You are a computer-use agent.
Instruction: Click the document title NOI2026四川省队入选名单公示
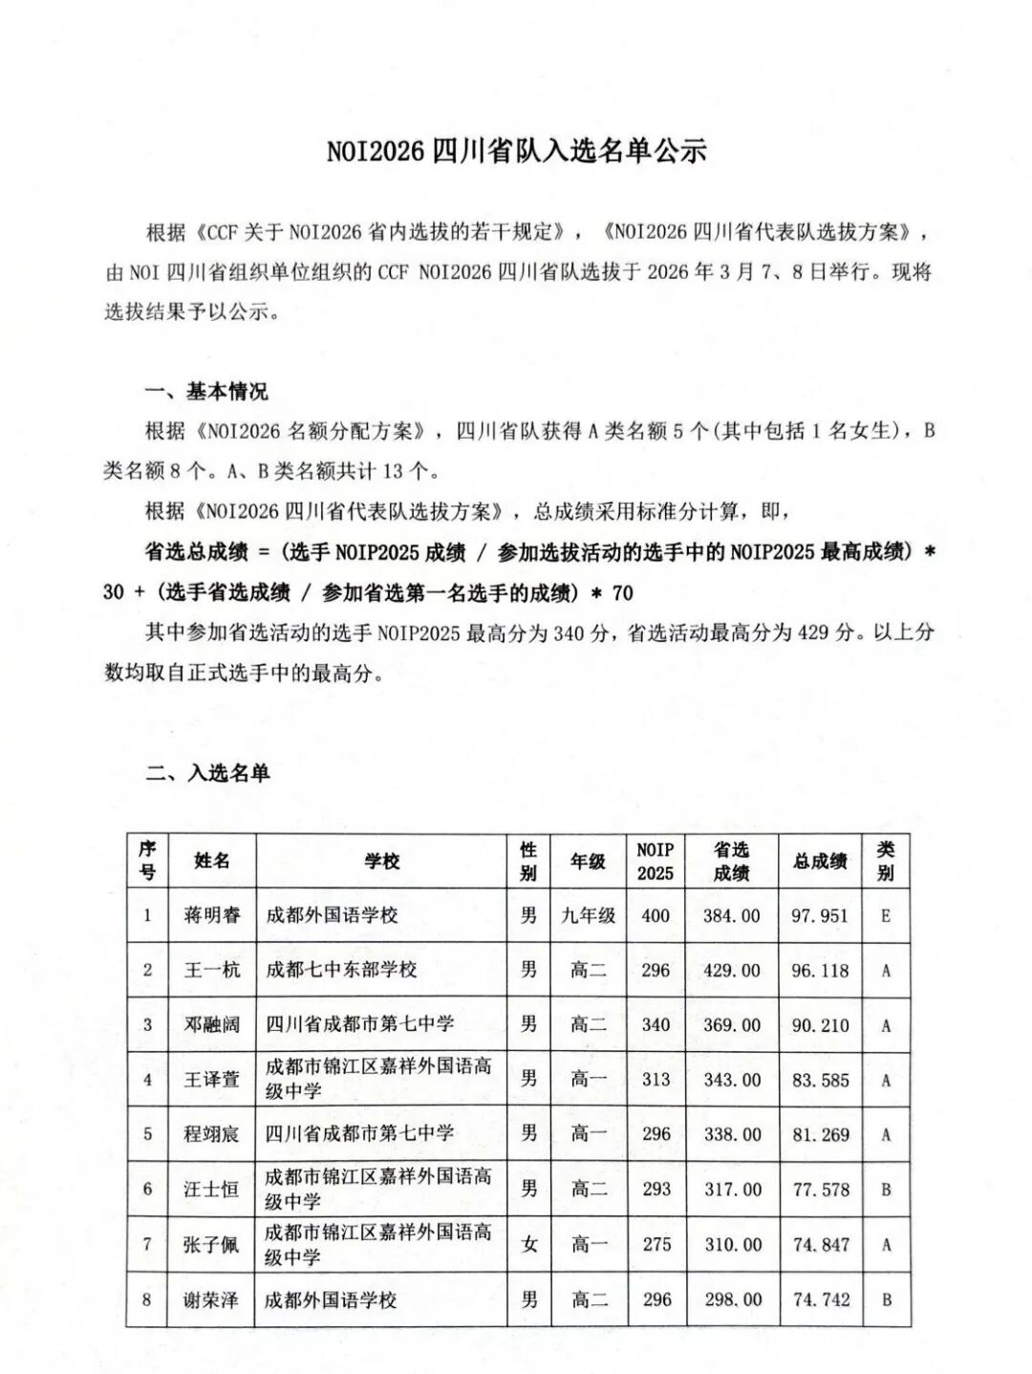coord(516,151)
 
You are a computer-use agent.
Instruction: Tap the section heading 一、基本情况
coord(206,392)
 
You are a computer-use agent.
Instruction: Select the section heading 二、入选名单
coord(207,772)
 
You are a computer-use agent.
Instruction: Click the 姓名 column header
coord(212,861)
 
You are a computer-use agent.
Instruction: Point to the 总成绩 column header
coord(820,861)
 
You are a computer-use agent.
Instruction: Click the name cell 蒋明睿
coord(212,915)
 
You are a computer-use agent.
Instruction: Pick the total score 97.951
coord(820,915)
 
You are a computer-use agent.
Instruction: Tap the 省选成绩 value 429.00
coord(732,970)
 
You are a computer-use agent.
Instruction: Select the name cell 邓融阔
coord(212,1024)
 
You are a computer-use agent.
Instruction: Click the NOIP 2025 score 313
coord(656,1080)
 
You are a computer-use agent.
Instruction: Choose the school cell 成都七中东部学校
coord(342,970)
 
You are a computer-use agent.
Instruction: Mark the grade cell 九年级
coord(588,915)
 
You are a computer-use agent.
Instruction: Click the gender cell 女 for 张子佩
coord(528,1244)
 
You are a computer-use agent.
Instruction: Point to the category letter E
coord(886,915)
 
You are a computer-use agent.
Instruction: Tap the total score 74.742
coord(820,1299)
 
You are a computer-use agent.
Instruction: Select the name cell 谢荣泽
coord(212,1299)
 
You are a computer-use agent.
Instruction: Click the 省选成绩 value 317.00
coord(732,1190)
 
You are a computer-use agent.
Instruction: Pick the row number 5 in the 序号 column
coord(147,1134)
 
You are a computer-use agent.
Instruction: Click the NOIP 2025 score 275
coord(656,1244)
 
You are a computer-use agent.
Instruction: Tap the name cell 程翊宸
coord(212,1134)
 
